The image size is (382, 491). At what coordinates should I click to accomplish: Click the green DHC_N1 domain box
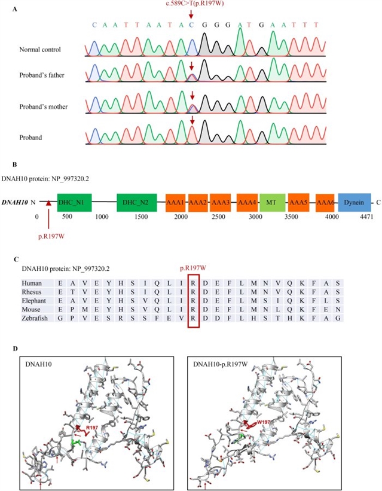tap(75, 203)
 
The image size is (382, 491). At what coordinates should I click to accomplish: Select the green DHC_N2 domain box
tap(137, 203)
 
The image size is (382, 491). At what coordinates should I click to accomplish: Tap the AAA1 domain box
tap(176, 203)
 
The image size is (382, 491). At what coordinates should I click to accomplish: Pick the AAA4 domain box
tap(247, 203)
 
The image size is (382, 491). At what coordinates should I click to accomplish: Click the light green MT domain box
tap(271, 203)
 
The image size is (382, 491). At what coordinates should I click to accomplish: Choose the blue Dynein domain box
tap(355, 203)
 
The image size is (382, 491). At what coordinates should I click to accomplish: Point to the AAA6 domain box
tap(325, 203)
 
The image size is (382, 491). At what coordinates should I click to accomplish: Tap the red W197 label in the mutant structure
tap(265, 423)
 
